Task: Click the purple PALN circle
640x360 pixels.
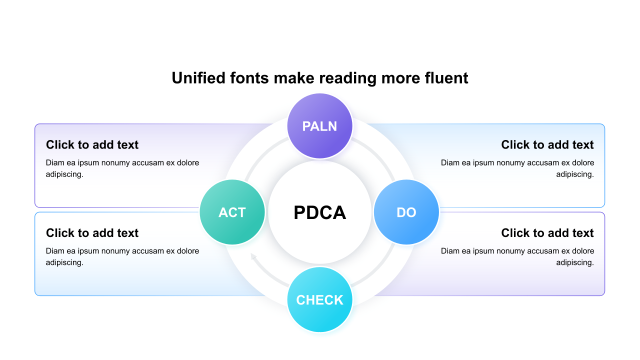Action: tap(320, 126)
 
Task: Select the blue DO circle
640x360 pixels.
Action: tap(406, 212)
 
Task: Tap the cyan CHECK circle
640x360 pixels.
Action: tap(320, 299)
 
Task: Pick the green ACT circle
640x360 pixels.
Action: tap(232, 212)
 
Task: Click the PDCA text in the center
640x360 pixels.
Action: tap(320, 212)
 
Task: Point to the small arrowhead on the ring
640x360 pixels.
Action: tap(253, 257)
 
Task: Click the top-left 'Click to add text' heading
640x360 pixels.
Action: tap(92, 145)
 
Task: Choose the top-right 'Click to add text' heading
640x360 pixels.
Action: tap(547, 145)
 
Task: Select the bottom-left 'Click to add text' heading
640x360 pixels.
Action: tap(92, 233)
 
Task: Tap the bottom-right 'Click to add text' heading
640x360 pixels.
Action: tap(547, 233)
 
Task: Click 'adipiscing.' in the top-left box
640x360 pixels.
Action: tap(64, 174)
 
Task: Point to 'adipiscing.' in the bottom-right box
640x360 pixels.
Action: tap(575, 262)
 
